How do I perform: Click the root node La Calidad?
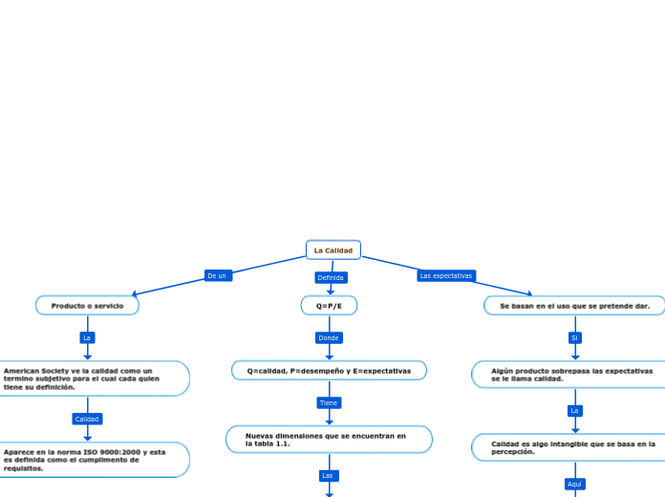333,250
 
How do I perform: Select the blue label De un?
217,275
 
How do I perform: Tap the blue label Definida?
331,277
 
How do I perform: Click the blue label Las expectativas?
446,275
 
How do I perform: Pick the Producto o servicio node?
87,306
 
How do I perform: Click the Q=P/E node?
329,306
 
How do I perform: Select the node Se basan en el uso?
574,306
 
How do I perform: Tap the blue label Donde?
329,337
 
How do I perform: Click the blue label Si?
574,337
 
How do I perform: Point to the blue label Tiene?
329,402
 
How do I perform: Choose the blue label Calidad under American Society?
87,419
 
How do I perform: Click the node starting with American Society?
91,378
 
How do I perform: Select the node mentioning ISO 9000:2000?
91,460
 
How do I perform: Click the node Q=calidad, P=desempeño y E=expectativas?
329,370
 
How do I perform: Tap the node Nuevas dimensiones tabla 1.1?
329,440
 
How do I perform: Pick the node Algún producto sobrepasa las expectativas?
571,375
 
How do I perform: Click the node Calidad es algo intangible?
571,447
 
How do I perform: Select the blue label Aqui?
574,484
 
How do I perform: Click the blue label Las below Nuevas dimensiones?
329,475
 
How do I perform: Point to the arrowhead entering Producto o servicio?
135,294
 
